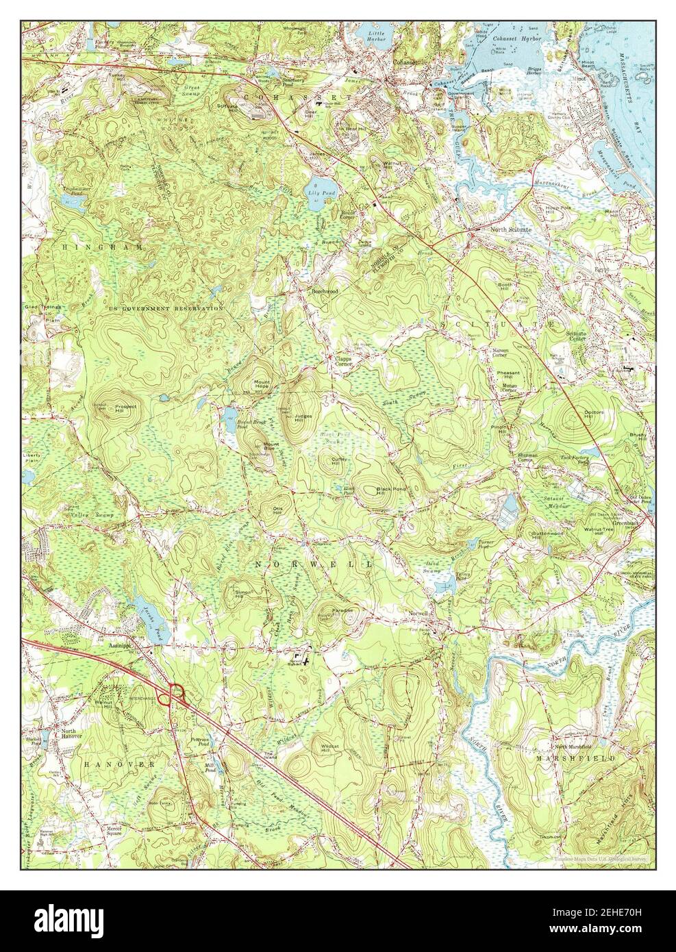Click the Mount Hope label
(262, 383)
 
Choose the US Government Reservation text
(166, 309)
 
